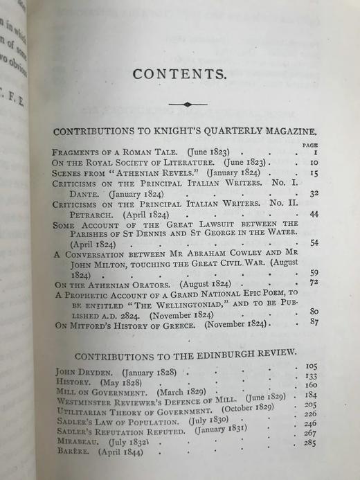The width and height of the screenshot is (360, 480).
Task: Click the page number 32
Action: (x=314, y=195)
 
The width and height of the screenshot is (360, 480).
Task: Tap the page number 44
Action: (x=314, y=215)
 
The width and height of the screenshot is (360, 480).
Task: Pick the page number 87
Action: (x=314, y=322)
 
